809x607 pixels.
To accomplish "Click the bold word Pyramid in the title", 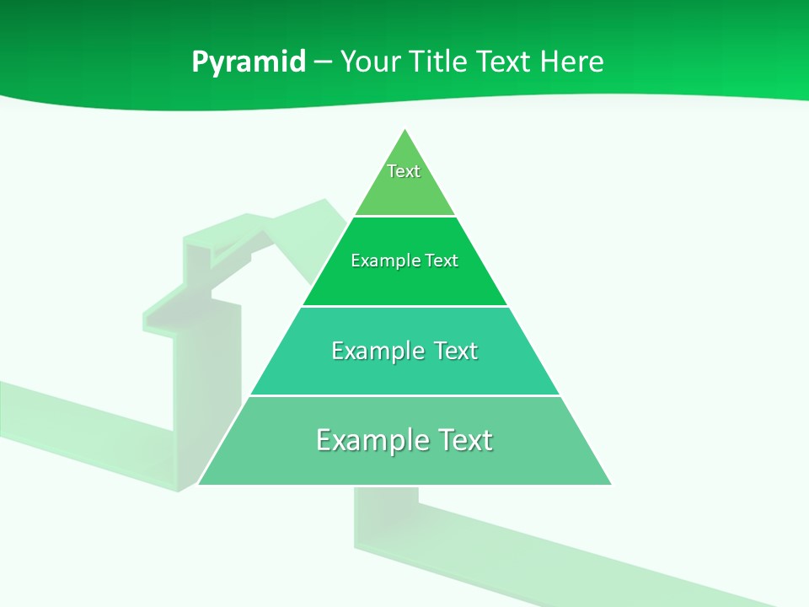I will pyautogui.click(x=249, y=62).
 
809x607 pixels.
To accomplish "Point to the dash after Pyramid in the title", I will pyautogui.click(x=323, y=62).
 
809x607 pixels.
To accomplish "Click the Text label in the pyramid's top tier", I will pyautogui.click(x=404, y=171).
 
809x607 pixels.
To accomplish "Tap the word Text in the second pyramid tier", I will pyautogui.click(x=442, y=261).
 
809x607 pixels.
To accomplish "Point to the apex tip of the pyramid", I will pyautogui.click(x=404, y=130).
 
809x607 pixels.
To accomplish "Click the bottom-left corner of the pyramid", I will pyautogui.click(x=199, y=484).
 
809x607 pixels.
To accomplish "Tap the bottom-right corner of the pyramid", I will pyautogui.click(x=610, y=484).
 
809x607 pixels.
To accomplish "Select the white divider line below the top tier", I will pyautogui.click(x=404, y=216).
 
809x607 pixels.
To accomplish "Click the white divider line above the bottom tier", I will pyautogui.click(x=404, y=395).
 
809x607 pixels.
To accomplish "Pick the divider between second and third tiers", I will pyautogui.click(x=404, y=306).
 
